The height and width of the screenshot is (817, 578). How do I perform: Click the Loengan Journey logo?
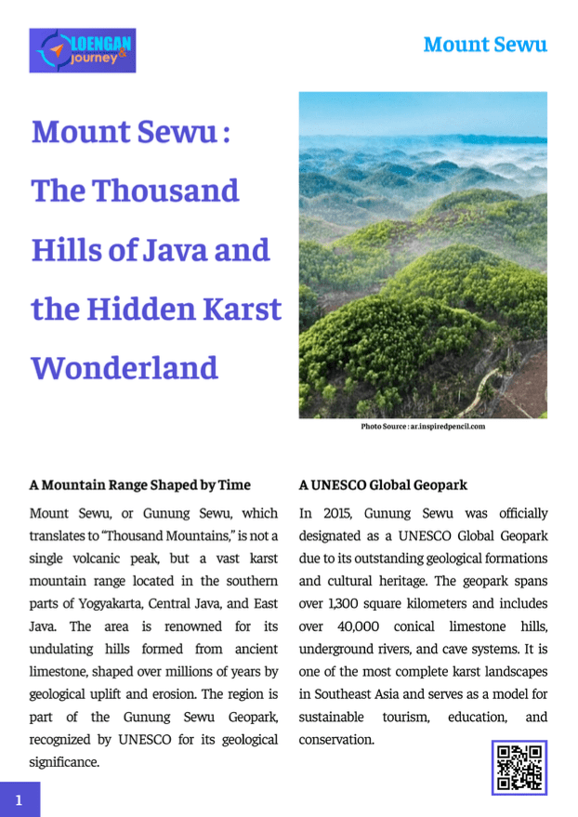[83, 50]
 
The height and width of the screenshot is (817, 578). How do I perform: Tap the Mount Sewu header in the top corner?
[484, 44]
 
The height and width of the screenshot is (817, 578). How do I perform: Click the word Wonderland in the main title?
[125, 367]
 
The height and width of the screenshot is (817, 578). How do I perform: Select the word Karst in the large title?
[238, 309]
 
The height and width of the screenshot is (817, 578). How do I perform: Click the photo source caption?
[423, 427]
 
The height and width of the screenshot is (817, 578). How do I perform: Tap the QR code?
[519, 767]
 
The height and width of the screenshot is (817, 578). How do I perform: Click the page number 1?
[20, 798]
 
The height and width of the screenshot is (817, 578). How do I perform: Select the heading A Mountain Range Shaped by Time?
[140, 485]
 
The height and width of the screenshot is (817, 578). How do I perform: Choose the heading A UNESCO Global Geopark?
[383, 485]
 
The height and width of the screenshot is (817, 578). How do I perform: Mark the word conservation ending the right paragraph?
[335, 740]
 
